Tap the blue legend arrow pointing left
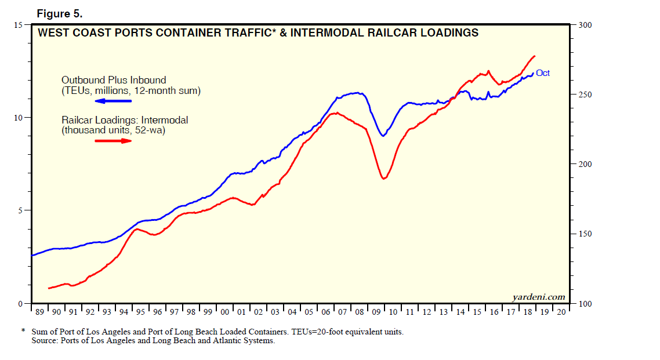(x=114, y=101)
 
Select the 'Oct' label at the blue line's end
(x=542, y=73)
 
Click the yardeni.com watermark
(x=539, y=297)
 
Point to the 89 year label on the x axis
(x=39, y=312)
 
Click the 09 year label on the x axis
(x=376, y=312)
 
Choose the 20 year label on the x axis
(x=561, y=312)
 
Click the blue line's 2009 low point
(x=383, y=136)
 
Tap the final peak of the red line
(x=535, y=56)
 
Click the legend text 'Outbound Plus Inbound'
(x=114, y=80)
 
